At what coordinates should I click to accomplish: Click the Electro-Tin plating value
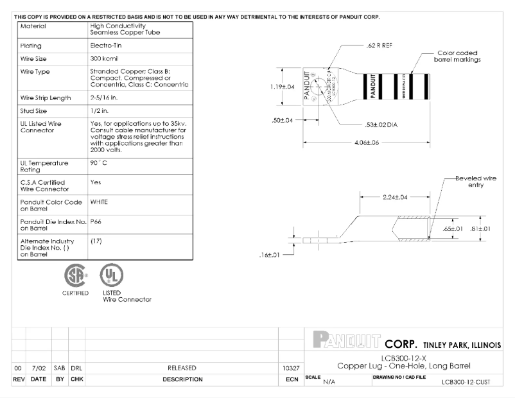click(103, 46)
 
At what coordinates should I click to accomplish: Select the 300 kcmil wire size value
click(103, 58)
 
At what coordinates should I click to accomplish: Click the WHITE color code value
click(99, 202)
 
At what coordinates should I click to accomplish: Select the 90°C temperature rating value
click(98, 163)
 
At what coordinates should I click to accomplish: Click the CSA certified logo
click(75, 276)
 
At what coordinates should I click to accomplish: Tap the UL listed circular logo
click(110, 276)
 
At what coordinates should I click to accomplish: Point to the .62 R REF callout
click(378, 47)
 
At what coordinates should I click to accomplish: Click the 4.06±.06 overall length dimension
click(367, 143)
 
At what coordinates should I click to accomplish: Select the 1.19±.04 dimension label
click(281, 87)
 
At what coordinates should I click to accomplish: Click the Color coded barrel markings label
click(457, 56)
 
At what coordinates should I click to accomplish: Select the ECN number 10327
click(291, 368)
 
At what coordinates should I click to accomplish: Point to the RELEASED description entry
click(182, 368)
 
